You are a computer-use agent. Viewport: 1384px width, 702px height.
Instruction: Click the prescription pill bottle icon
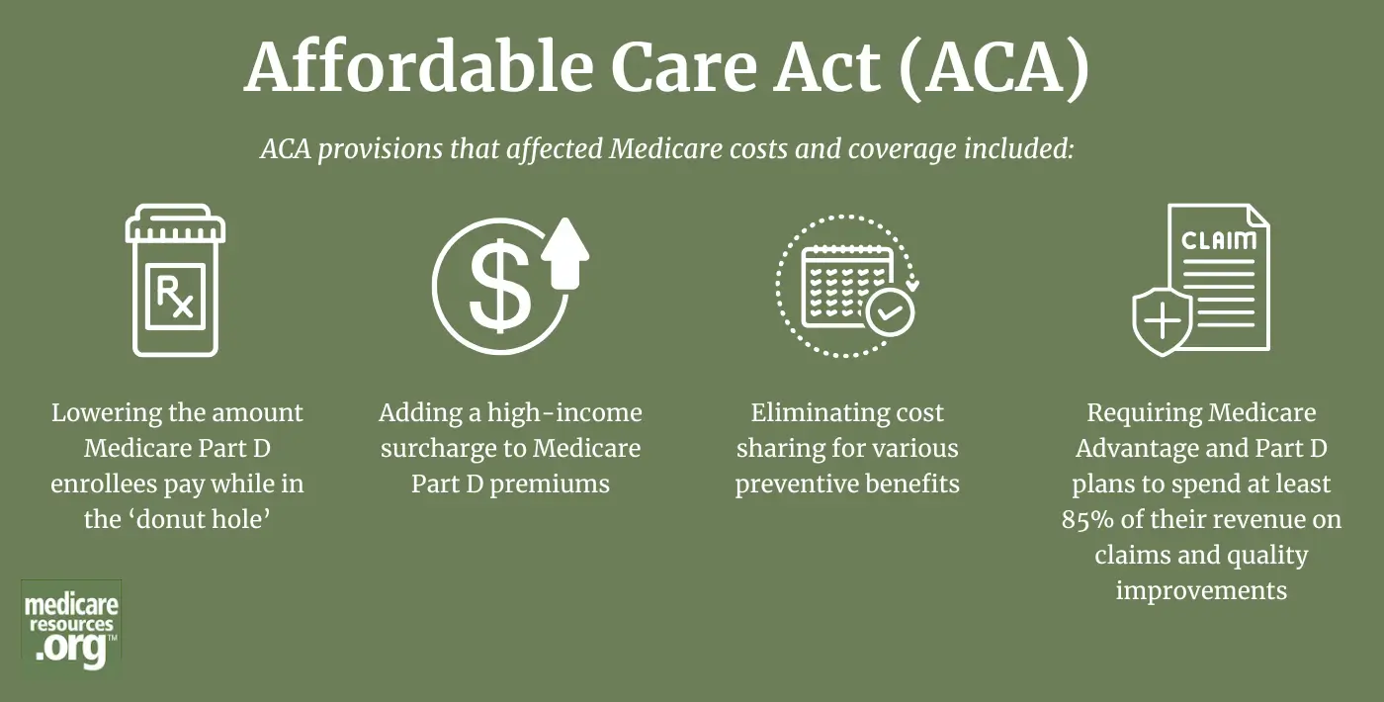[x=176, y=280]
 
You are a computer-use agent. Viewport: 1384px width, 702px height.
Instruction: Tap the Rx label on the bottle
[x=176, y=297]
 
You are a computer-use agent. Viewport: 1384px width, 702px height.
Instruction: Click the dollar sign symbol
[x=500, y=286]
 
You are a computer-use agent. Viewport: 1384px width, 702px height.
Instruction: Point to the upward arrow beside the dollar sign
[x=565, y=253]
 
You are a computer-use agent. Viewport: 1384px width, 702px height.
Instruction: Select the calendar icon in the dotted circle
[x=846, y=286]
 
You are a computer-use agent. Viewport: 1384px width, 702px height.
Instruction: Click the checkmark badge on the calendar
[x=890, y=312]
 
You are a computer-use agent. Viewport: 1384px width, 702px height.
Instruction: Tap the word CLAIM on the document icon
[x=1218, y=240]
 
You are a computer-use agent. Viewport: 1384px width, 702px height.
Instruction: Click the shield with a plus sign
[x=1163, y=321]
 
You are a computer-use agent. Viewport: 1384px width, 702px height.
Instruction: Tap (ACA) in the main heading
[x=993, y=67]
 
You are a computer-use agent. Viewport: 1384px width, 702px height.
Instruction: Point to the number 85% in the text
[x=1087, y=519]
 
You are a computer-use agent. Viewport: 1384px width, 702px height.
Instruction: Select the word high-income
[x=564, y=413]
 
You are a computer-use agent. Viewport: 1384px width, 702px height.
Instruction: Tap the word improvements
[x=1201, y=591]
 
